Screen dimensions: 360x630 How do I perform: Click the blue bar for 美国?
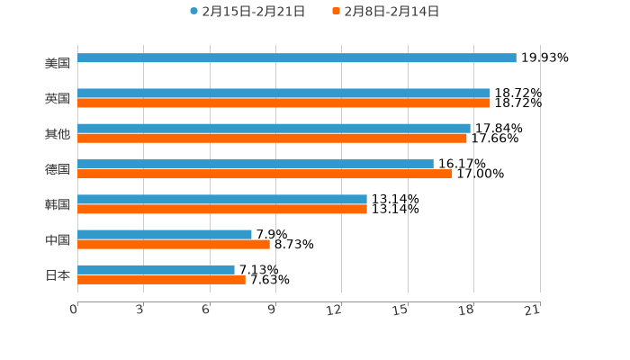[297, 58]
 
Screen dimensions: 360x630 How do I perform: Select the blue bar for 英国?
[283, 93]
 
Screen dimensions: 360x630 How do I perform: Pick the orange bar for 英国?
[283, 103]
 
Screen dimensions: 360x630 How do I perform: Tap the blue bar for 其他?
[274, 128]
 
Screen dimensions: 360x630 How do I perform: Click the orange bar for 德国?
[265, 174]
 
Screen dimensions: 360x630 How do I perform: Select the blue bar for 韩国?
[222, 199]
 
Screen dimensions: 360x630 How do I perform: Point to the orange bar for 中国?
[174, 244]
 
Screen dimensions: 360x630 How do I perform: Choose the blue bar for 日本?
[156, 269]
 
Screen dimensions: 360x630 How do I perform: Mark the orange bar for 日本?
[161, 279]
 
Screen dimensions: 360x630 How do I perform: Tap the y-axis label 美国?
[58, 64]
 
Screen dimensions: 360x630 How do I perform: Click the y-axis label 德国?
[58, 169]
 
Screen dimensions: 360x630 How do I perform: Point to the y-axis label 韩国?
[58, 205]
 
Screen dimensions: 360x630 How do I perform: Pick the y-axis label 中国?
[58, 240]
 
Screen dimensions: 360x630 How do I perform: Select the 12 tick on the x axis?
[335, 310]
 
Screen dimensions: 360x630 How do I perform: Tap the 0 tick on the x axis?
[75, 310]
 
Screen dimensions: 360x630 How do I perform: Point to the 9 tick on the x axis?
[273, 310]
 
